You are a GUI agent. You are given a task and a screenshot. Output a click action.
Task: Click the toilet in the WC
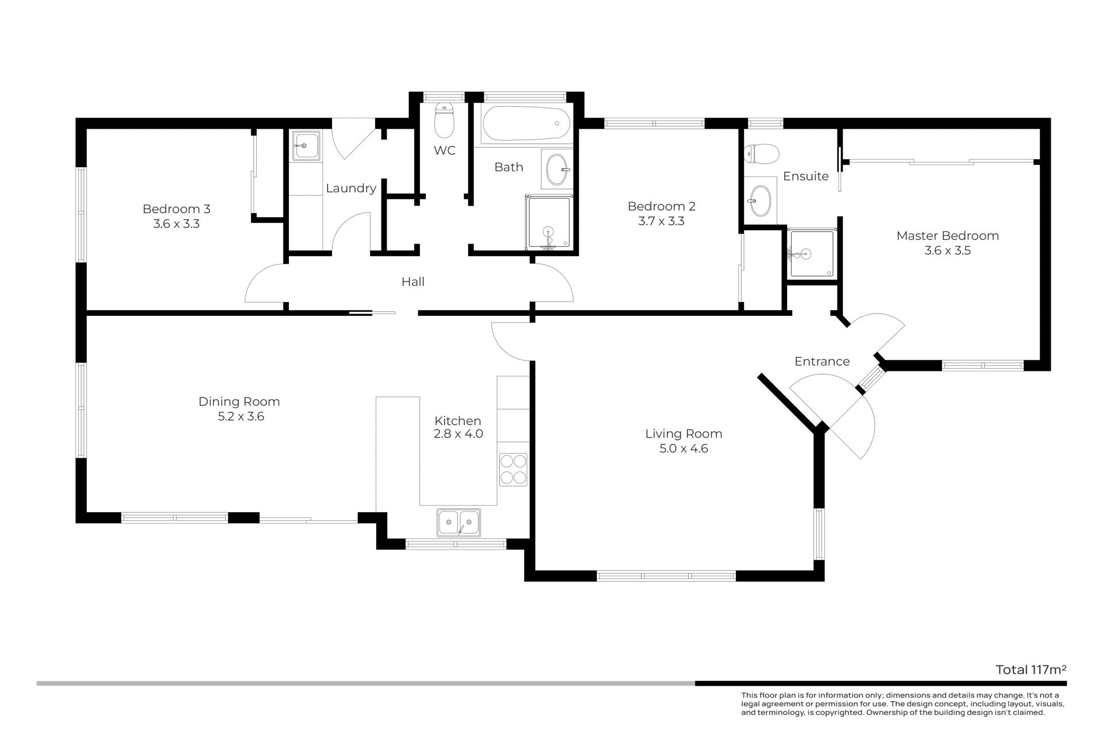[x=444, y=120]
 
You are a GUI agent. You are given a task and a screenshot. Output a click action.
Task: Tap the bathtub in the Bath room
[x=526, y=124]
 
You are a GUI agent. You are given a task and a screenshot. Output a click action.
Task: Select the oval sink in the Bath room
[x=557, y=169]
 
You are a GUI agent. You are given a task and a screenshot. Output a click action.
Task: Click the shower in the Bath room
[x=549, y=223]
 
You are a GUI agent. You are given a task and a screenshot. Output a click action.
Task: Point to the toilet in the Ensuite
[x=761, y=153]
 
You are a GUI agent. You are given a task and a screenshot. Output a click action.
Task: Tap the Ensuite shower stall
[x=811, y=253]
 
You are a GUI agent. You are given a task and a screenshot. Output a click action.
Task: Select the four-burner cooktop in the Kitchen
[x=513, y=470]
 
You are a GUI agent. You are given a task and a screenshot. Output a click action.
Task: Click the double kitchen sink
[x=458, y=523]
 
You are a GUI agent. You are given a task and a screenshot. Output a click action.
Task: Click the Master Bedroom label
[x=947, y=235]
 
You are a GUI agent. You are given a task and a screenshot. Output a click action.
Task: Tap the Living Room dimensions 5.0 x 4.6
[x=684, y=448]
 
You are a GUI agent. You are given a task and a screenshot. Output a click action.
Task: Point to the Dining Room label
[x=239, y=401]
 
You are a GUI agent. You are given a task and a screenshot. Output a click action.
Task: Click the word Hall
[x=413, y=281]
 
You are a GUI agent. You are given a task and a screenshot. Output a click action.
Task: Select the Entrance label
[x=822, y=361]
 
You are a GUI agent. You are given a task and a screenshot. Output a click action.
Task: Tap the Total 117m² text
[x=1031, y=670]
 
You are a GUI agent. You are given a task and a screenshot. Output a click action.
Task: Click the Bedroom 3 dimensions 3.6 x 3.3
[x=176, y=224]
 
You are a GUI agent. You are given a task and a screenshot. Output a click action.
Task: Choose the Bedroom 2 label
[x=661, y=206]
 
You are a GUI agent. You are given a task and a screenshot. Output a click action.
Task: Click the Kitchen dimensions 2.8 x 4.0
[x=458, y=434]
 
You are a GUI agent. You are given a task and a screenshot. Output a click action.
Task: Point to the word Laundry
[x=351, y=188]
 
